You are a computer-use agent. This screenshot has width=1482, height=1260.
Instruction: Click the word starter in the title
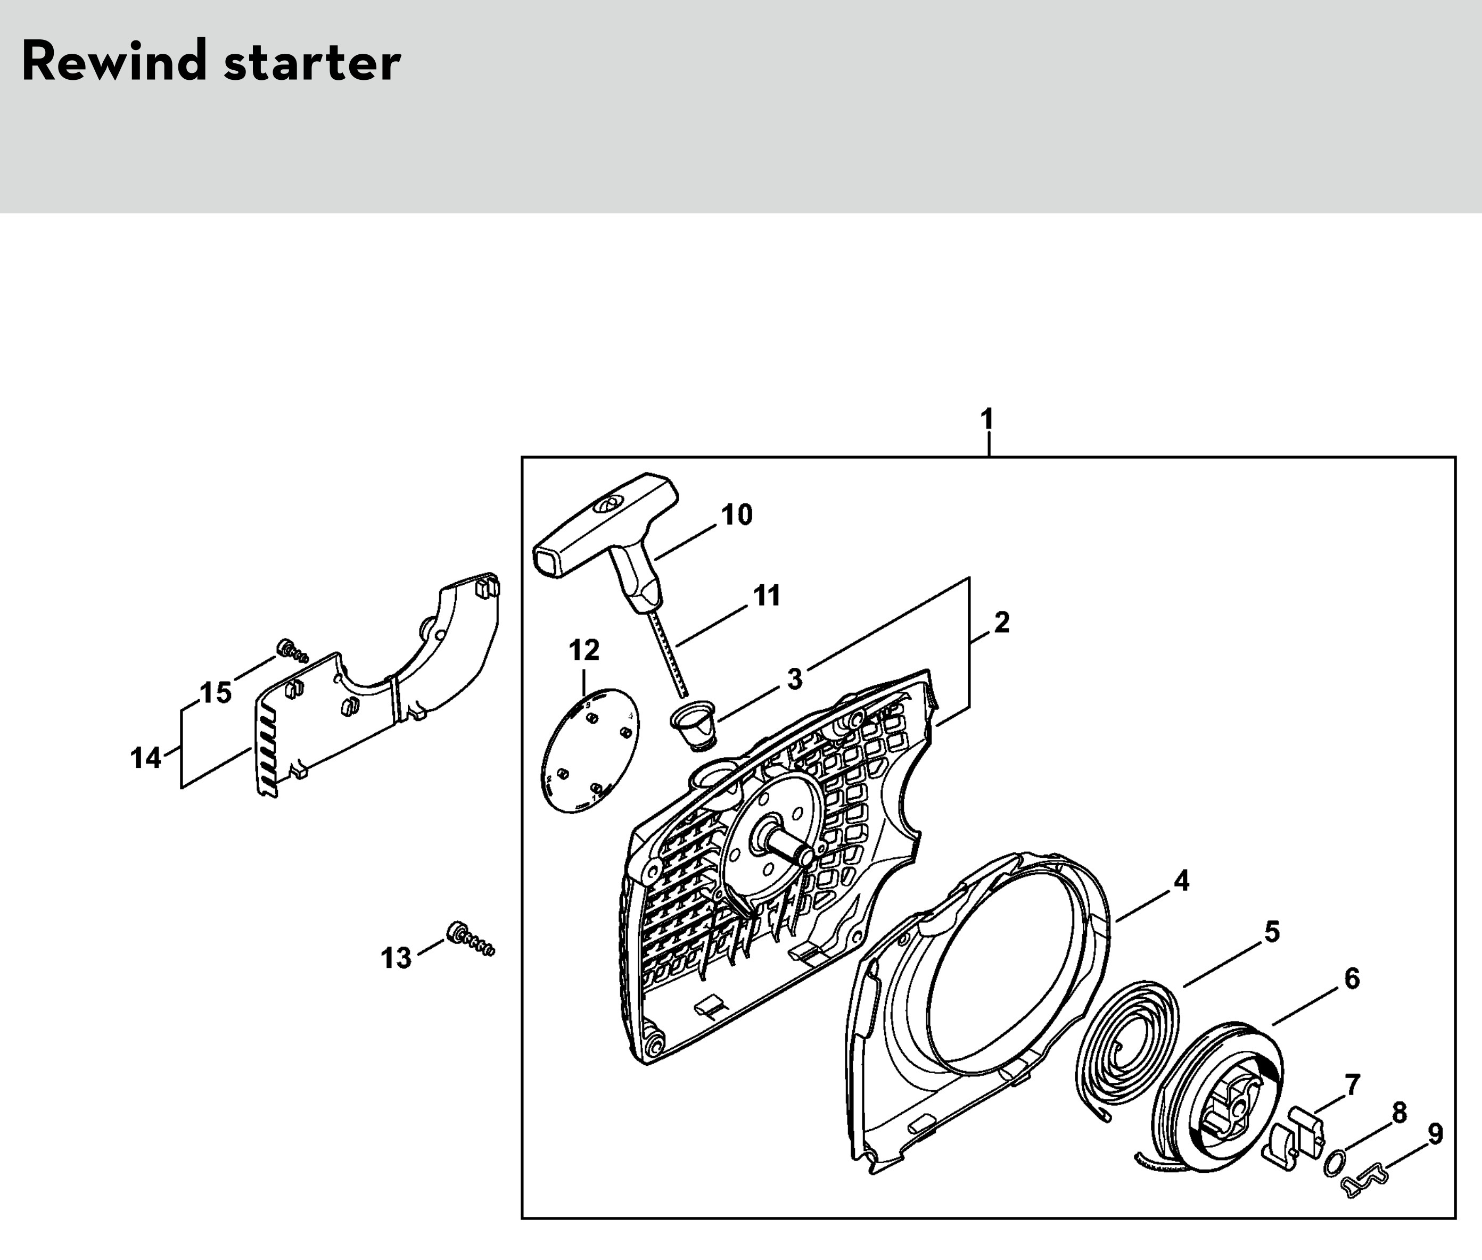312,64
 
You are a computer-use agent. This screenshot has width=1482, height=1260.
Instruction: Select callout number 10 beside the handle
737,515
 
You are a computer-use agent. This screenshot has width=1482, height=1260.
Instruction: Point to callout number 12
584,651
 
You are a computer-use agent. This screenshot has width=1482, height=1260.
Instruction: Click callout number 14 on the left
146,758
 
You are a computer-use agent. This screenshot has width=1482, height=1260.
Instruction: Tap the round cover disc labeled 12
591,750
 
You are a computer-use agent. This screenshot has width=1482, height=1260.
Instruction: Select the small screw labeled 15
292,650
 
